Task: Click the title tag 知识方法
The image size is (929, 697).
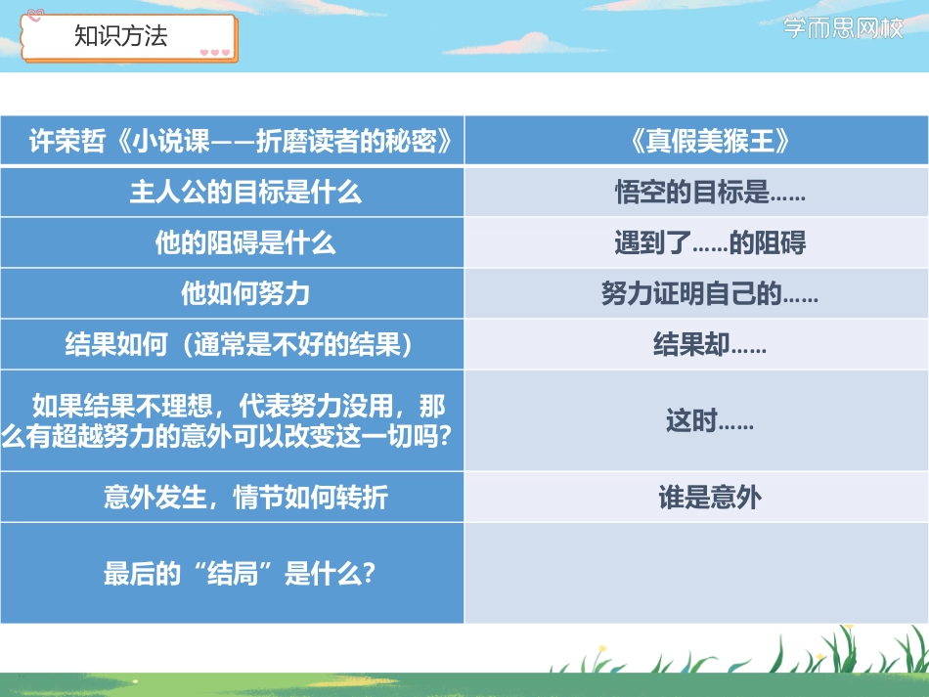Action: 121,36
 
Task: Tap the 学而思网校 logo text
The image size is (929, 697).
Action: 845,28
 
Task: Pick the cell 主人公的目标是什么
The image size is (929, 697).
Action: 245,192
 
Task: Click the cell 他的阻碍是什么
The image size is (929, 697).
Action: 245,242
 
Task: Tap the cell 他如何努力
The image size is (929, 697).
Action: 245,293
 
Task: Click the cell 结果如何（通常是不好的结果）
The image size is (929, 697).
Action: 245,344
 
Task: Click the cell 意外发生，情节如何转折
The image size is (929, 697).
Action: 245,498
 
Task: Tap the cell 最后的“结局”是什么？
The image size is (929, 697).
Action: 240,573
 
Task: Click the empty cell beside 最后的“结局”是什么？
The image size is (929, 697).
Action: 695,573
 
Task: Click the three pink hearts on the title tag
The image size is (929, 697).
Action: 214,53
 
